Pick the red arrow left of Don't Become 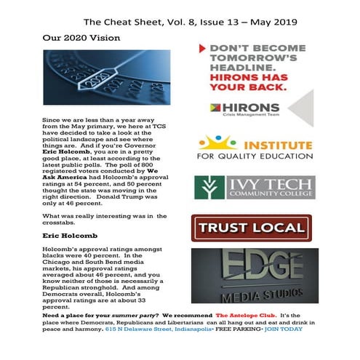[201, 50]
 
